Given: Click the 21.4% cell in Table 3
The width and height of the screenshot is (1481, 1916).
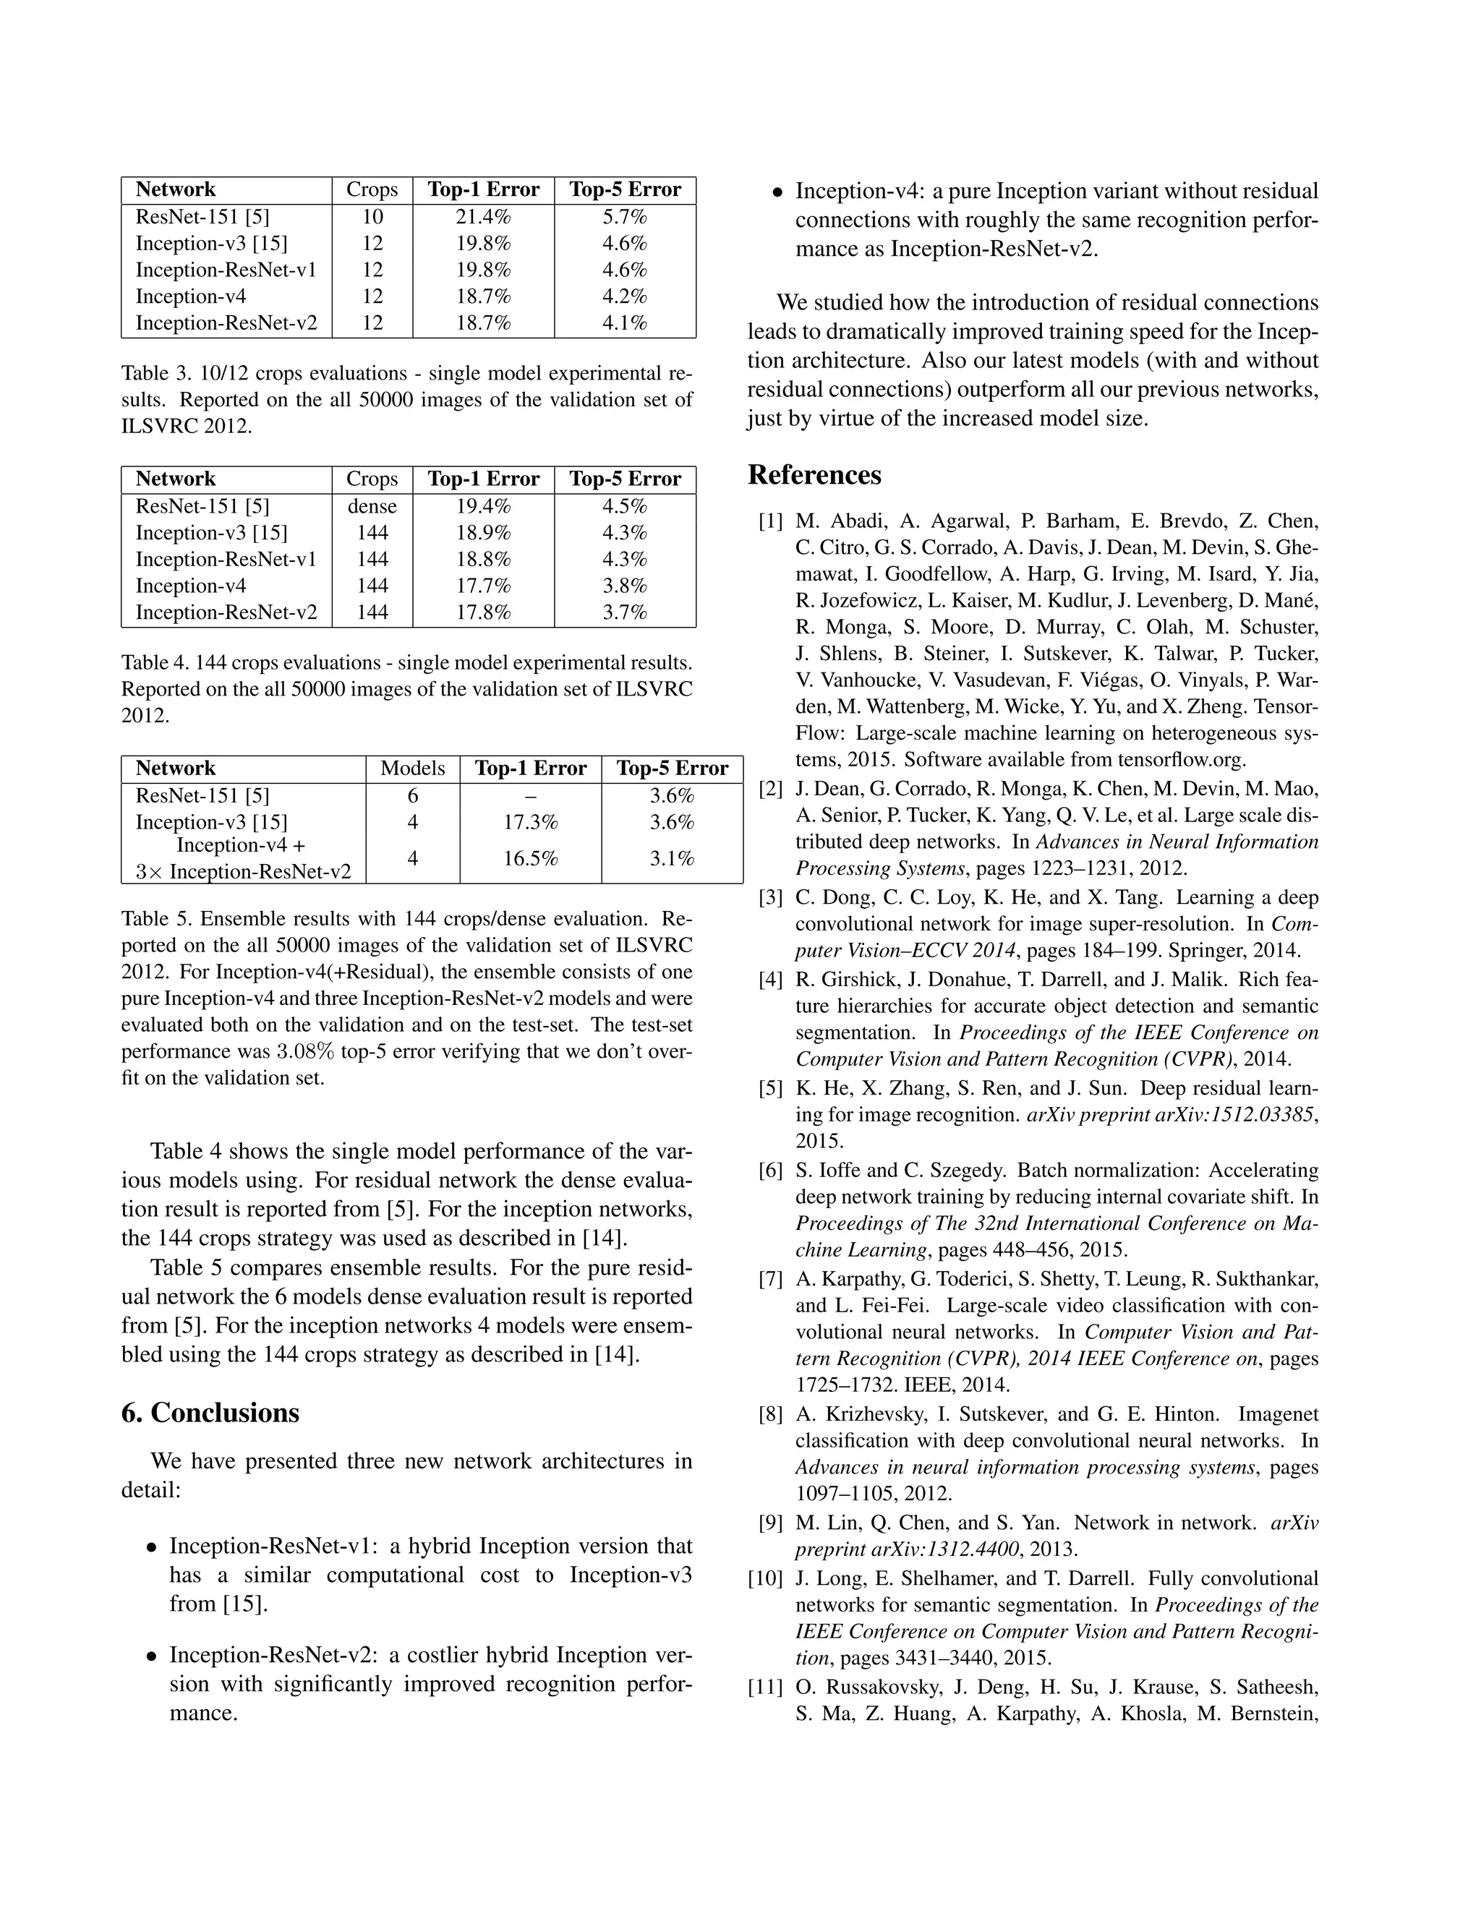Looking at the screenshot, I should [482, 218].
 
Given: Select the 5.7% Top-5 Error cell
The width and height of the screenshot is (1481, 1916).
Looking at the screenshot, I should [624, 218].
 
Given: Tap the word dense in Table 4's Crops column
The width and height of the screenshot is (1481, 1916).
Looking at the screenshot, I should [372, 507].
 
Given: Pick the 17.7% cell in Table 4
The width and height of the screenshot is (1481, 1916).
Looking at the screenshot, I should [482, 586].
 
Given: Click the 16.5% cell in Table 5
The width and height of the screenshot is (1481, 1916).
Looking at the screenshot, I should [530, 859].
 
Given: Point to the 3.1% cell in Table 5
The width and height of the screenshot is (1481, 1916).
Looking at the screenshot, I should [671, 859].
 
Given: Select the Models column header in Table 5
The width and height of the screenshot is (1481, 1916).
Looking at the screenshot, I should [412, 769].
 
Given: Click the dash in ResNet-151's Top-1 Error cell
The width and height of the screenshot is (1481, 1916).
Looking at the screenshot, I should [530, 797].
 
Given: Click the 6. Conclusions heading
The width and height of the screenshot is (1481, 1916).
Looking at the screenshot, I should [210, 1414].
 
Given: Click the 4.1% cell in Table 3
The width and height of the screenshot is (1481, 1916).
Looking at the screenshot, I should [624, 323].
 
